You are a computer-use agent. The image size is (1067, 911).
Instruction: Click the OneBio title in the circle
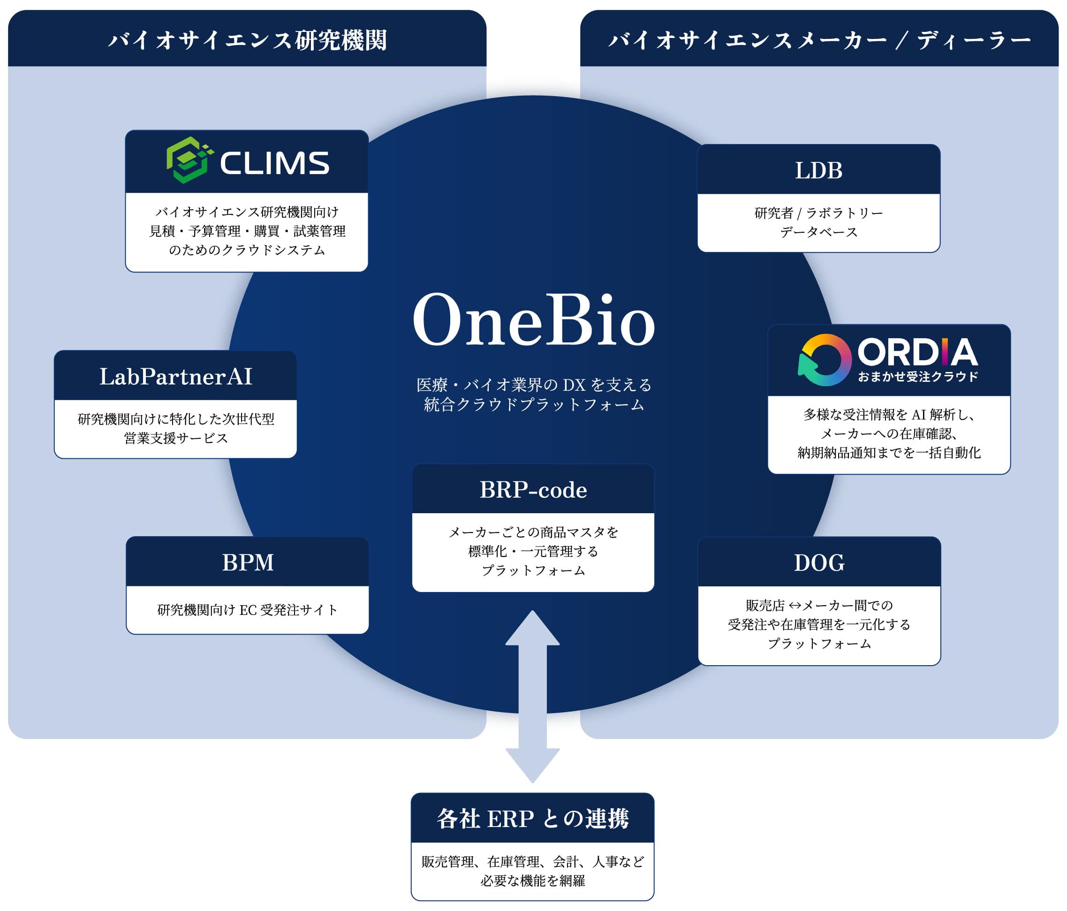coord(534,320)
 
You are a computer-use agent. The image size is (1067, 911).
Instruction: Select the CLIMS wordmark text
coord(274,163)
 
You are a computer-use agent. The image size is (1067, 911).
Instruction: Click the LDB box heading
coord(818,170)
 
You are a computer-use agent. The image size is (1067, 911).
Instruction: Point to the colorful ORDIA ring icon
coord(825,360)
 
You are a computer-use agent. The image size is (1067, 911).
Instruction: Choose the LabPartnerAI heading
coord(175,376)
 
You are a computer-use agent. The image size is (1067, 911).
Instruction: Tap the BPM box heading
coord(248,562)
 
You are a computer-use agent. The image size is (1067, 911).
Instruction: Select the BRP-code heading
coord(533,490)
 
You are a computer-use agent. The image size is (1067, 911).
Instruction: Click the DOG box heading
coord(819,563)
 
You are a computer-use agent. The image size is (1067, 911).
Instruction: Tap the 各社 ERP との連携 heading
coord(532,819)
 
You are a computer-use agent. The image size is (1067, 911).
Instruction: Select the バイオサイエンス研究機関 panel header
coord(247,40)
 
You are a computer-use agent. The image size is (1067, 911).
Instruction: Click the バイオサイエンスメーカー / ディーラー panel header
coord(819,40)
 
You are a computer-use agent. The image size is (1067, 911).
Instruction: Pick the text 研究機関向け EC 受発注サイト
coord(248,610)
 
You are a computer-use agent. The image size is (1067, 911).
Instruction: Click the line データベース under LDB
coord(819,232)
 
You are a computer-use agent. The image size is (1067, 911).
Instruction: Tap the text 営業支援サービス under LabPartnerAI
coord(175,438)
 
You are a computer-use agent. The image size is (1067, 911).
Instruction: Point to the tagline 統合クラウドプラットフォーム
coord(534,405)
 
